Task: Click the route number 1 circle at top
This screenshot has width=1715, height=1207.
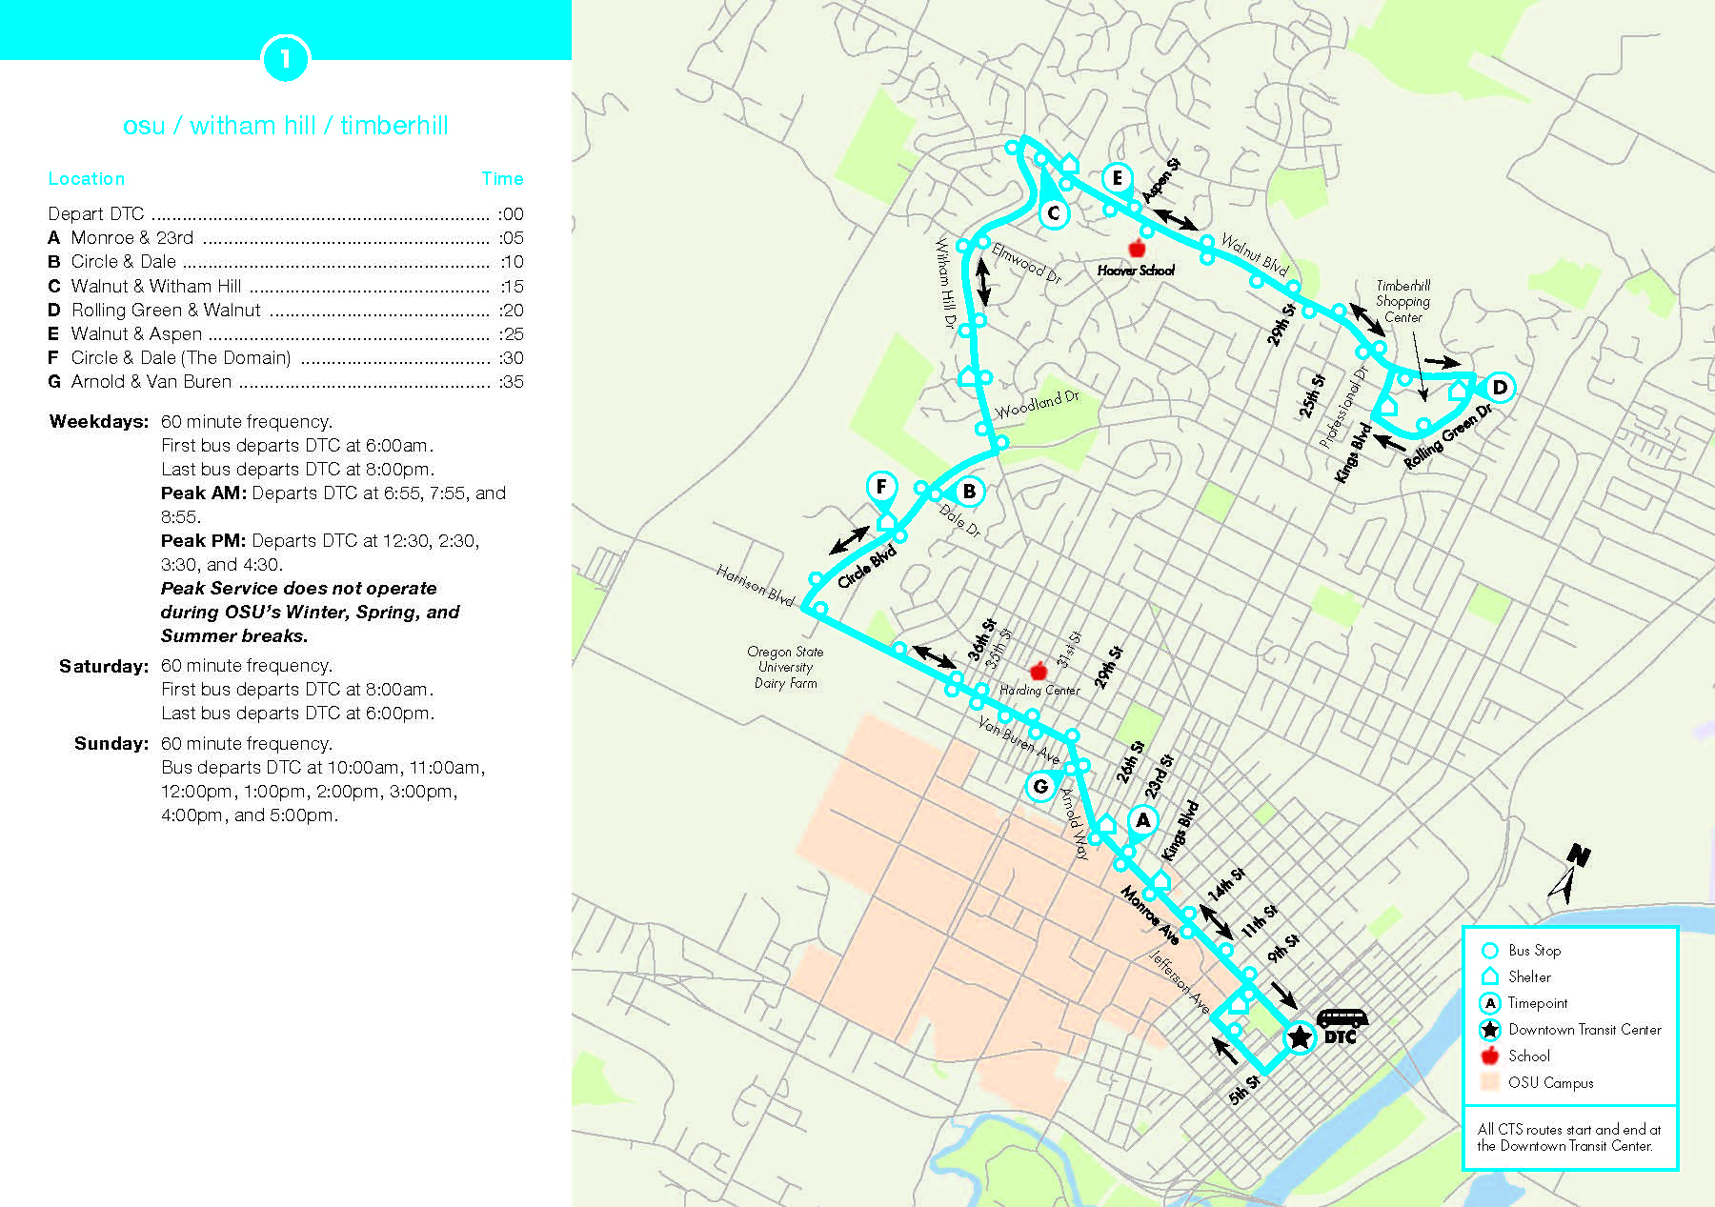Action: [x=285, y=59]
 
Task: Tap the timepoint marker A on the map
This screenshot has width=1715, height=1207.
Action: [x=1142, y=820]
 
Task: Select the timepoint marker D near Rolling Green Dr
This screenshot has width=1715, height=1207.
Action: [x=1499, y=387]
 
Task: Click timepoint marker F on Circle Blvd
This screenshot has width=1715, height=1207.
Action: [x=881, y=487]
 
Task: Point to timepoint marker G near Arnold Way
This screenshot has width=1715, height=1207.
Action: [x=1040, y=786]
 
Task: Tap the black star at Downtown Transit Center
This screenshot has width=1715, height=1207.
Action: [x=1300, y=1036]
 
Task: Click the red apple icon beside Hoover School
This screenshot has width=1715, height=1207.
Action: [x=1136, y=249]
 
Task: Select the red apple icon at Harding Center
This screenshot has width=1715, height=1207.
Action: [x=1039, y=671]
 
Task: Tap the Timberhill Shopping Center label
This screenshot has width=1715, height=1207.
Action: [x=1402, y=301]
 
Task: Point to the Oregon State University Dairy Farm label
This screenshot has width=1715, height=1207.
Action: [x=785, y=667]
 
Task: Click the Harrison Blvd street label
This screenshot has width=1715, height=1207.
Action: [x=755, y=584]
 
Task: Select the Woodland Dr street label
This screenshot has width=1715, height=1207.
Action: [x=1037, y=405]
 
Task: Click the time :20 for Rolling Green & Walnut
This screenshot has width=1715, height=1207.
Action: [x=511, y=310]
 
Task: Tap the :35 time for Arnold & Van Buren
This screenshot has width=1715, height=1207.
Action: [x=511, y=381]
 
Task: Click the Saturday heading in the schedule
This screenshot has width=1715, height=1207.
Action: [x=104, y=666]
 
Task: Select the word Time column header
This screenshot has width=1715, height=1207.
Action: [x=502, y=178]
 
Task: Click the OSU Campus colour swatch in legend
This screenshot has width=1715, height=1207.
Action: [x=1490, y=1082]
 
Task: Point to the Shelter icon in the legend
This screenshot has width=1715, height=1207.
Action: [x=1490, y=976]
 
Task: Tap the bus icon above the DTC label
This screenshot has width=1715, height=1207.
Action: [x=1342, y=1018]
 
